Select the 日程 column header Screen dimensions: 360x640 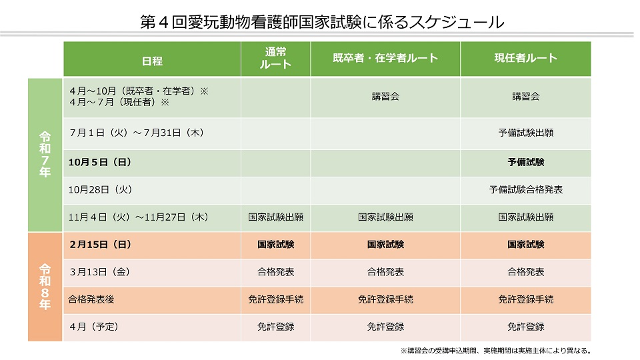(152, 61)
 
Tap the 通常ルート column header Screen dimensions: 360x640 (275, 59)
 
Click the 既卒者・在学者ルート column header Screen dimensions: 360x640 (385, 59)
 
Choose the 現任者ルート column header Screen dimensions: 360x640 (525, 59)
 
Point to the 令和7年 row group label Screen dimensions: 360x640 (45, 154)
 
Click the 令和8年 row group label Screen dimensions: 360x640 (45, 287)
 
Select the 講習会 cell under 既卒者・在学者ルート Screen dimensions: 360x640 (385, 97)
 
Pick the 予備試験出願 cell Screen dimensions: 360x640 (525, 133)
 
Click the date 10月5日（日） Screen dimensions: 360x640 (99, 162)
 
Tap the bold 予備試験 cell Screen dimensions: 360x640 (525, 162)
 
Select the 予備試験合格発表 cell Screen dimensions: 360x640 (525, 190)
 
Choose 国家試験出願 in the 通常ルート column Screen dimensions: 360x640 (275, 217)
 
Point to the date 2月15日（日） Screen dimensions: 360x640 (99, 245)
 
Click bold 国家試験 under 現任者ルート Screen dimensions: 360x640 (525, 245)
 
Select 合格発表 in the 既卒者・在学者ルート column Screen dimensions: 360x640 (385, 273)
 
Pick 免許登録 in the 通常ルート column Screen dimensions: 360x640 (275, 327)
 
